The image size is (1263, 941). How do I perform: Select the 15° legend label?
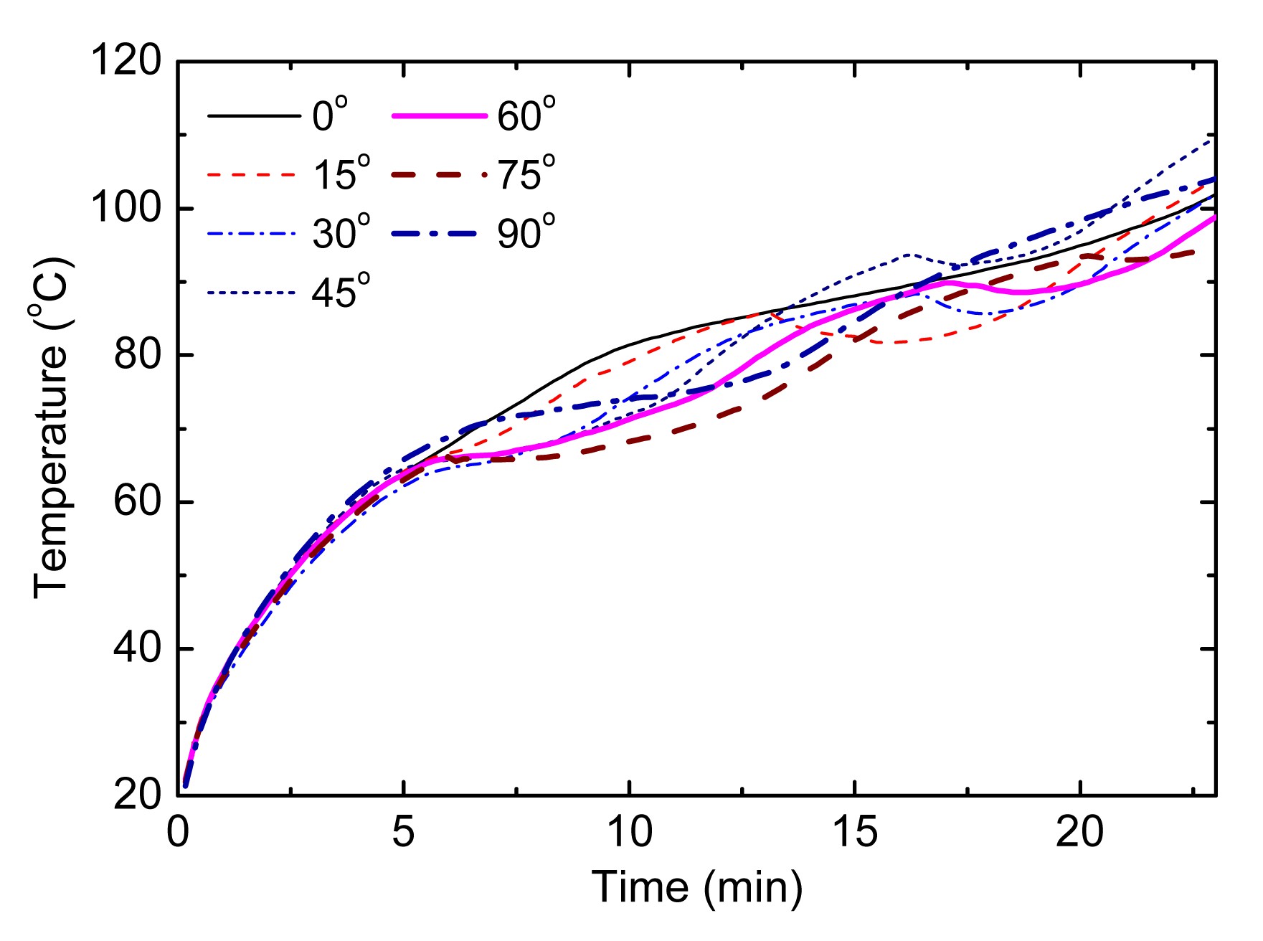341,174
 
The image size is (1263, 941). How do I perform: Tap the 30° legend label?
341,232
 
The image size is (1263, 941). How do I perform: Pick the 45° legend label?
341,291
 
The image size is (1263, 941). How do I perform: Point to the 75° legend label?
526,174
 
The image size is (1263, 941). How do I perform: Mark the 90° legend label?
526,232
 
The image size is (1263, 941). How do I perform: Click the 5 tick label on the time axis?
404,833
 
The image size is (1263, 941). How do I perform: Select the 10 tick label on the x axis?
630,833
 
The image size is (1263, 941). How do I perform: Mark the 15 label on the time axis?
854,833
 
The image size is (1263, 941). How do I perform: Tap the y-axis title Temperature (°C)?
52,428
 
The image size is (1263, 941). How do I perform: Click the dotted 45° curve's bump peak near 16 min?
909,255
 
